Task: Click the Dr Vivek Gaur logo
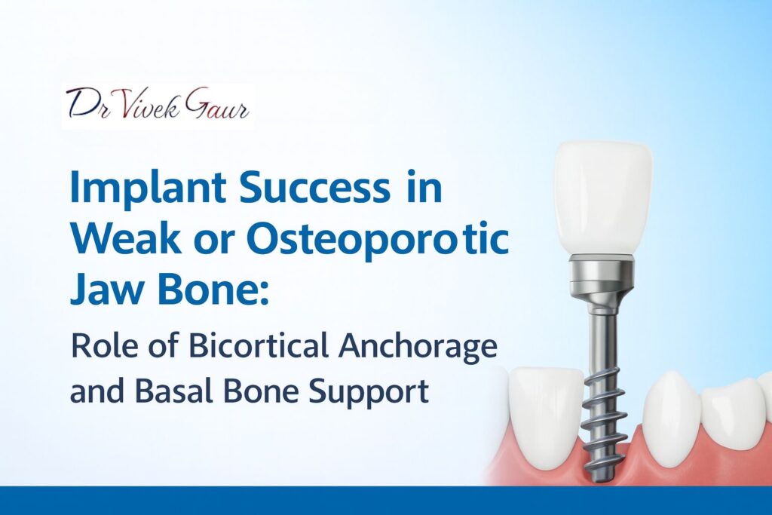157,106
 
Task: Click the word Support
365,393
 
